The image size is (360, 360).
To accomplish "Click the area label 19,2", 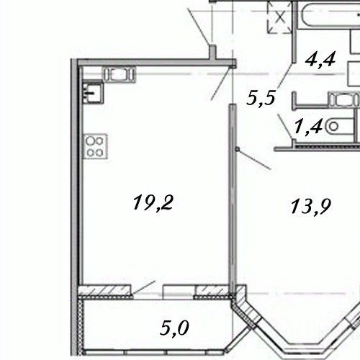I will [x=154, y=202].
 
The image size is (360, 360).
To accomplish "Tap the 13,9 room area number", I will [x=310, y=207].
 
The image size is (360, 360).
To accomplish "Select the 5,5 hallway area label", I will [x=261, y=99].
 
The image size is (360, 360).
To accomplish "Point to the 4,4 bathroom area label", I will [x=322, y=59].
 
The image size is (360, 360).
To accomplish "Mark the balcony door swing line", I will [x=145, y=287].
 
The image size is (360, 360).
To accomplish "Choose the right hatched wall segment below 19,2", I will [x=213, y=292].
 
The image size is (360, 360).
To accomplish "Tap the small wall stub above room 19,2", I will [x=213, y=52].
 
